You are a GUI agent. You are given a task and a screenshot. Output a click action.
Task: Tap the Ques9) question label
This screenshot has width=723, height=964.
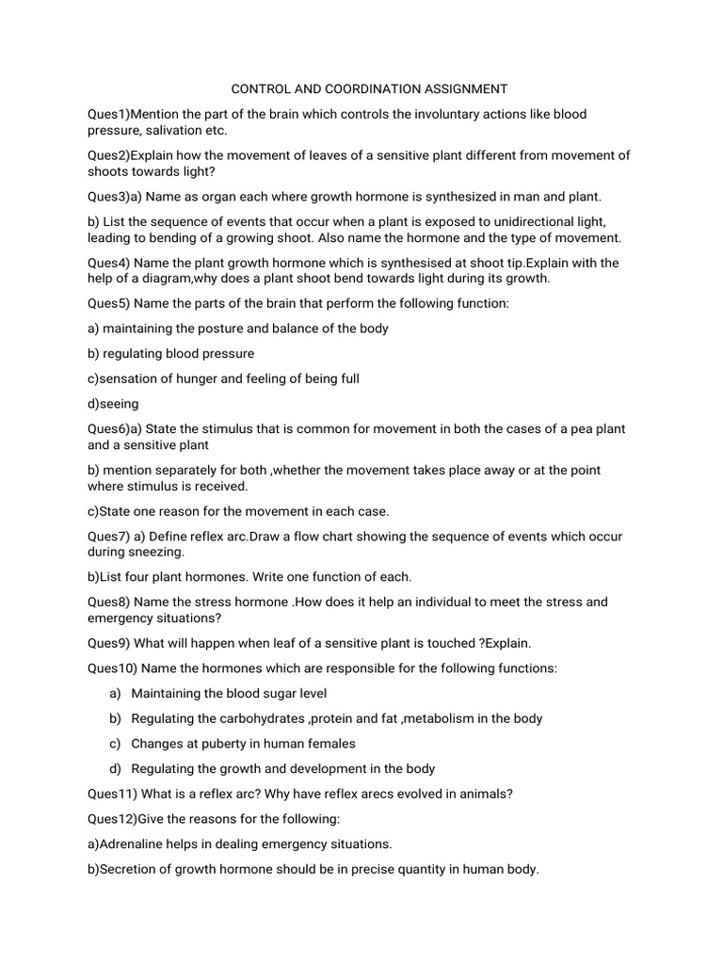coord(109,643)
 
